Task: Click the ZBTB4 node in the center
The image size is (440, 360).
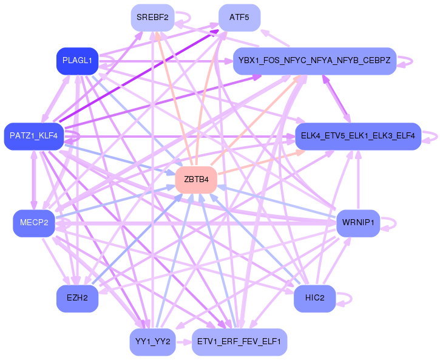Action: [196, 180]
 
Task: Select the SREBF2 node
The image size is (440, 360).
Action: [153, 18]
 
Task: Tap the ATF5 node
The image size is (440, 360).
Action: [239, 18]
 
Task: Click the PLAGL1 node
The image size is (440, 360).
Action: [78, 61]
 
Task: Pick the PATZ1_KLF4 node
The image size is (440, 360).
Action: [34, 136]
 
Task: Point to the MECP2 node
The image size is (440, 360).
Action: [34, 223]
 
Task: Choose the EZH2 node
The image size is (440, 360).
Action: [78, 298]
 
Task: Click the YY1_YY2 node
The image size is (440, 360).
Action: [153, 342]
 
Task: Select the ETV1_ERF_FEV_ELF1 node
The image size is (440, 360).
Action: [239, 342]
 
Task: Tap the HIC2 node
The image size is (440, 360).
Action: [315, 298]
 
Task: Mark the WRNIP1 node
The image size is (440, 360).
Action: [358, 223]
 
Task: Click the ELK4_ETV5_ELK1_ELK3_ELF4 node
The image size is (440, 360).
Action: [358, 136]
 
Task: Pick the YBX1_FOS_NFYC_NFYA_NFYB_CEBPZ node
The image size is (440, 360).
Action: [315, 61]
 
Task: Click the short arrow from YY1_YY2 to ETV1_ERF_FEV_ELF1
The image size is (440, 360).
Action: [184, 342]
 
